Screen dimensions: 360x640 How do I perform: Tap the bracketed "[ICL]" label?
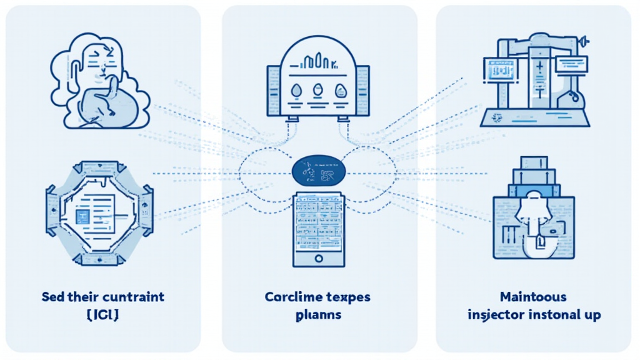click(x=102, y=314)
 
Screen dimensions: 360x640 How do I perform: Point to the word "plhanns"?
click(x=319, y=314)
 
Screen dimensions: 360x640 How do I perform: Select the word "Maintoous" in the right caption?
click(x=534, y=296)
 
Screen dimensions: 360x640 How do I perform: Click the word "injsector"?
click(x=496, y=314)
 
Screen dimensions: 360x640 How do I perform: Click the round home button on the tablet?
click(x=319, y=257)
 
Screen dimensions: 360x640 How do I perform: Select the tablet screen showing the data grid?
click(x=319, y=222)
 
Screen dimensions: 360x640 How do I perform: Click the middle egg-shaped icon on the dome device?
click(x=317, y=90)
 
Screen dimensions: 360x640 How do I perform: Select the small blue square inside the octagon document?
click(x=81, y=216)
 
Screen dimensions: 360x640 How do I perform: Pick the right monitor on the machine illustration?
click(x=569, y=62)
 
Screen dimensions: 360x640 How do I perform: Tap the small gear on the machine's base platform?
click(x=497, y=117)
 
